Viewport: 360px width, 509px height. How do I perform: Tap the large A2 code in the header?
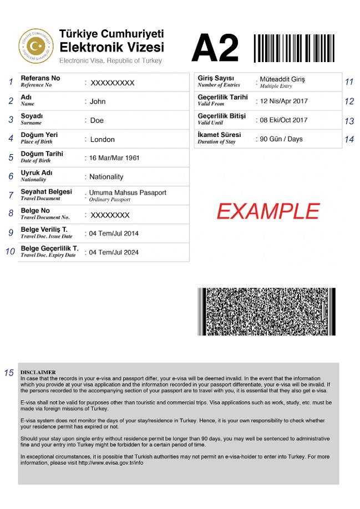(x=215, y=48)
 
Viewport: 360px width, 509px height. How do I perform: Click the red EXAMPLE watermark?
(x=268, y=211)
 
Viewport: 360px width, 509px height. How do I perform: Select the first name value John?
(x=98, y=101)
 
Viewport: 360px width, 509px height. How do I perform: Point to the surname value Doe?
(x=97, y=120)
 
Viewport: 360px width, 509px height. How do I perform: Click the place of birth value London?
(x=102, y=139)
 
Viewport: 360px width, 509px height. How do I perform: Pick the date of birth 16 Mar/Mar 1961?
(x=114, y=158)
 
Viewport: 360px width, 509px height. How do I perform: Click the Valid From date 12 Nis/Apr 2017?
(x=283, y=101)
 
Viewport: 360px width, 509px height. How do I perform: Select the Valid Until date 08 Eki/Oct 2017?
(x=283, y=120)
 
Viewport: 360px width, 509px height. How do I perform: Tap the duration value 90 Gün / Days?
(x=281, y=139)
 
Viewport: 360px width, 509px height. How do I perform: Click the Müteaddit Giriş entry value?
(x=282, y=79)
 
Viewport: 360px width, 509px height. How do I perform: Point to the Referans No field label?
(x=40, y=78)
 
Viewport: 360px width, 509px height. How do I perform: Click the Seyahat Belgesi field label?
(x=46, y=191)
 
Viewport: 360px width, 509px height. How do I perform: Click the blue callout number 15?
(x=9, y=373)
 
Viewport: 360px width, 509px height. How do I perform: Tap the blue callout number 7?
(x=11, y=195)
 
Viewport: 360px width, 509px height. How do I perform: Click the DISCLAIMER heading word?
(x=38, y=372)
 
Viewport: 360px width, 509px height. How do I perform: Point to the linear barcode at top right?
(x=295, y=48)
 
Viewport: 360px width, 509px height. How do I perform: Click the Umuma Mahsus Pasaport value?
(x=128, y=192)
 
